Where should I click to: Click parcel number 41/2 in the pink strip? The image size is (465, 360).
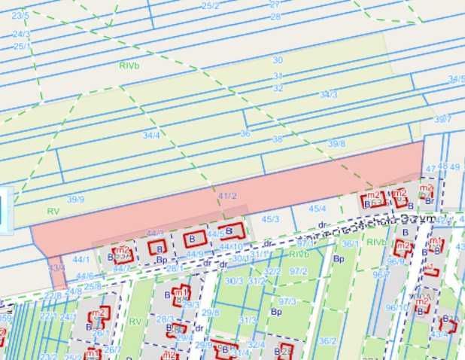227,196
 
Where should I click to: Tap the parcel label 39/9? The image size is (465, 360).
75,199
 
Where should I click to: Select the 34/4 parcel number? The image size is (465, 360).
151,135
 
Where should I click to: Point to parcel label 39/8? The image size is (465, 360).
336,143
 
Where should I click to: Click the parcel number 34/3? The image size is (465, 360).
329,94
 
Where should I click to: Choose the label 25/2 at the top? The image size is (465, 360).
211,6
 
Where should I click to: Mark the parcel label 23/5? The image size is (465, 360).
20,15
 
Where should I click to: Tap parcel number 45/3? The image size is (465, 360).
270,219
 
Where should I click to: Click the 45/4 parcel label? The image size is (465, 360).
318,208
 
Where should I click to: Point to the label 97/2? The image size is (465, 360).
299,271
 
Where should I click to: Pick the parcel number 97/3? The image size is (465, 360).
287,301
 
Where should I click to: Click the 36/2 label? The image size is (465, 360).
327,340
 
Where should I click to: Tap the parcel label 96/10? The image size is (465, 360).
397,307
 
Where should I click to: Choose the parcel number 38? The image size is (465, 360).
277,139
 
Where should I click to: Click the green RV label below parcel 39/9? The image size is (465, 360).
52,212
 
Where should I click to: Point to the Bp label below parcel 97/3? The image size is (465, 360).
276,312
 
